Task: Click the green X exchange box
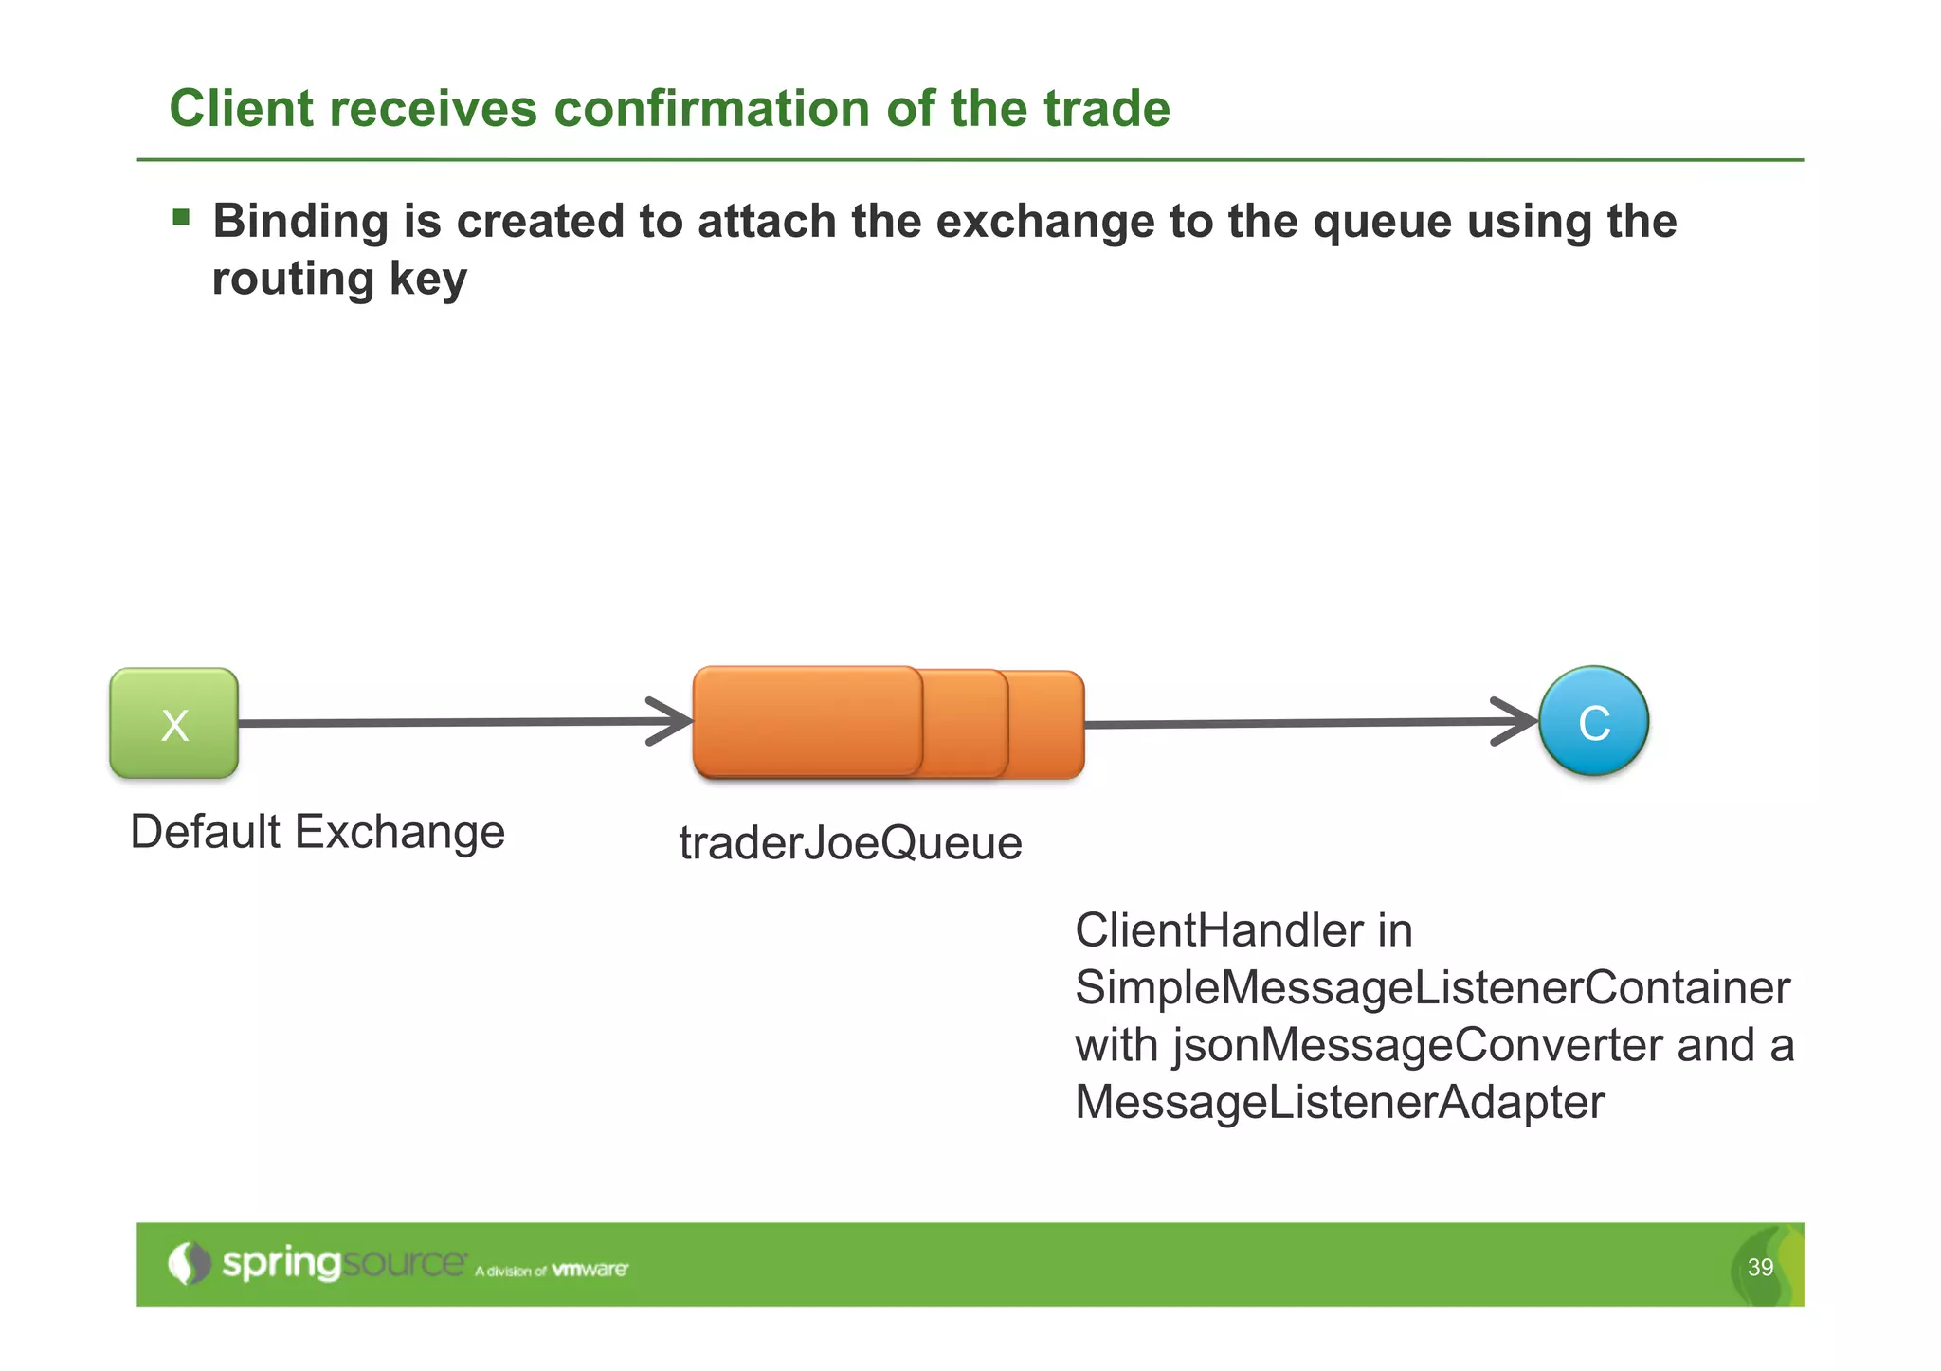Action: (x=174, y=724)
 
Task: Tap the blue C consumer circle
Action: (x=1593, y=722)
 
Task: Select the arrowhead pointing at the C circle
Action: (x=1518, y=721)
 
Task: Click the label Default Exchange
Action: (x=317, y=832)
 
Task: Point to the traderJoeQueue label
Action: (x=850, y=842)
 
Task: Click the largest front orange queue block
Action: (x=807, y=721)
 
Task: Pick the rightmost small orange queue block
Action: (x=1046, y=724)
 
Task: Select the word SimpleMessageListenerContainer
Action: (x=1432, y=987)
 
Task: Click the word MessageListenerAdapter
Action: (x=1339, y=1102)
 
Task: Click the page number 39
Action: (x=1760, y=1267)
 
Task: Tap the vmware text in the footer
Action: (x=589, y=1269)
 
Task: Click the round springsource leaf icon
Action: (x=189, y=1263)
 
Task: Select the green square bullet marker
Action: (x=181, y=219)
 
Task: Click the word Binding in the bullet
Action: (x=300, y=222)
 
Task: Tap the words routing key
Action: (x=339, y=280)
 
